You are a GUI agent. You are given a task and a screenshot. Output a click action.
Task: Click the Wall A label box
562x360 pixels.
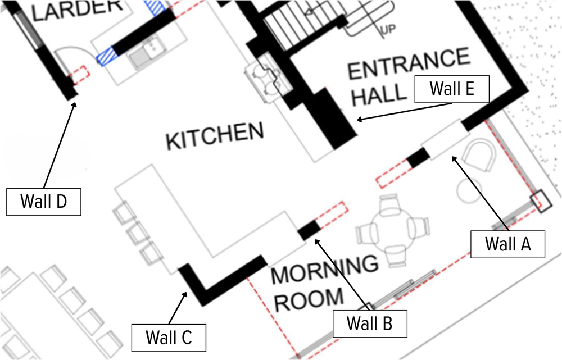coord(507,244)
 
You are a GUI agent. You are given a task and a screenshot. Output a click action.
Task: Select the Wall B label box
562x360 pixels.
coord(369,324)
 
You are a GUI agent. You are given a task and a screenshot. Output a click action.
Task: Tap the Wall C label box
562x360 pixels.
coord(169,338)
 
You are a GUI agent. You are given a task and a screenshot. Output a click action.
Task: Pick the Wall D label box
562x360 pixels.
coord(44,201)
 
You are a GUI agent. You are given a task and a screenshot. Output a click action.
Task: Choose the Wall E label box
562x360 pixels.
coord(452,89)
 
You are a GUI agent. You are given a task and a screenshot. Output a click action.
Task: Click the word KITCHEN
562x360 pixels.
coord(215,136)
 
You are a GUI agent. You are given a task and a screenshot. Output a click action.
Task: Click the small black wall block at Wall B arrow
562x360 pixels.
coord(308,230)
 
